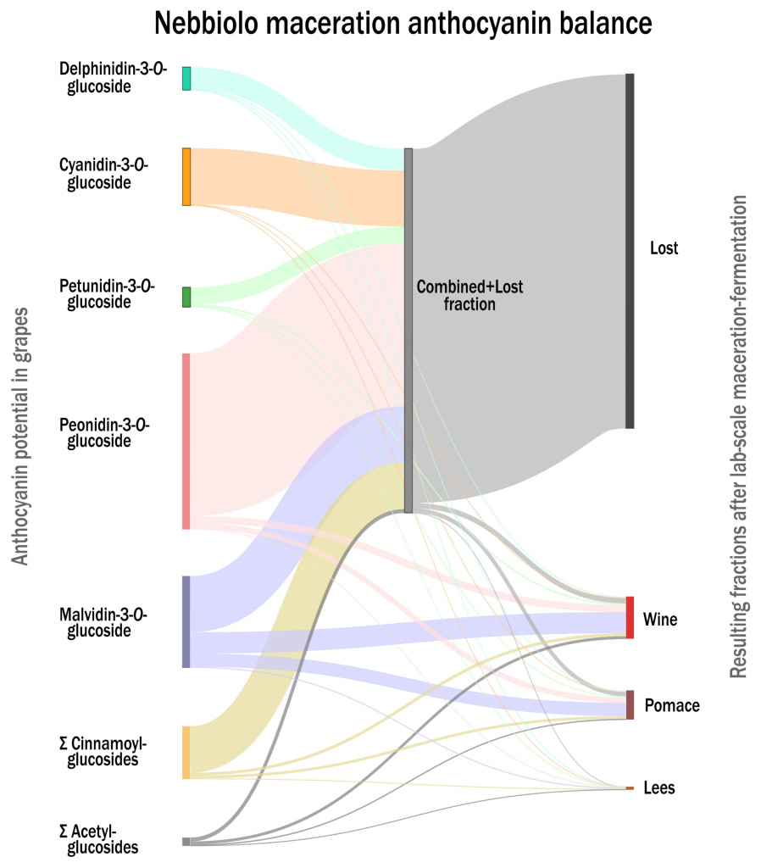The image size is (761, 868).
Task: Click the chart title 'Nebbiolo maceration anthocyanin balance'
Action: point(403,24)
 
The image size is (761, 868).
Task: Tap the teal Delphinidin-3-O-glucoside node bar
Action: point(186,78)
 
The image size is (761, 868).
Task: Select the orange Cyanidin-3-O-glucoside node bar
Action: point(186,176)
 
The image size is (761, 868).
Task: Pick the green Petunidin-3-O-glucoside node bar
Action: point(186,297)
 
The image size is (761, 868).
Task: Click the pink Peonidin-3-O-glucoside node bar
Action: point(186,441)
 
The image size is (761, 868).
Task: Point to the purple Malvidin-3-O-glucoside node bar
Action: point(186,621)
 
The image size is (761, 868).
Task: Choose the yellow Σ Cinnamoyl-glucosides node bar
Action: point(186,752)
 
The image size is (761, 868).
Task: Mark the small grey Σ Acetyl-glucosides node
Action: point(186,841)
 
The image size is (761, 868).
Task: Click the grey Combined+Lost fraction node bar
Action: point(408,331)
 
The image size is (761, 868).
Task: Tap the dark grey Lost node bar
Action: point(630,251)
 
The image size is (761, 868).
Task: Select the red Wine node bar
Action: point(630,617)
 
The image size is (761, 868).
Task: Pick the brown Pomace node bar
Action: point(630,704)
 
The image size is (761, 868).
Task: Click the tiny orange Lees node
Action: point(629,788)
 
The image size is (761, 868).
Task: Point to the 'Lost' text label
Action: point(664,248)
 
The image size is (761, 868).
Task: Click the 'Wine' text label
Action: point(660,620)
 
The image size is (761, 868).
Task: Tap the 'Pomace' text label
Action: point(672,705)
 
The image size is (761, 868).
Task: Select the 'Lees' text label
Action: point(659,787)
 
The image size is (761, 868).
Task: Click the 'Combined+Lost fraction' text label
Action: point(469,296)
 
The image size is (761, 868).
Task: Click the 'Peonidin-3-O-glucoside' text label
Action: point(104,433)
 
